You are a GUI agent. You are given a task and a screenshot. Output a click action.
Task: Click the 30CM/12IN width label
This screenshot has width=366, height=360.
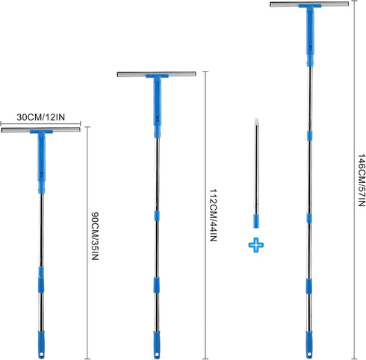41,117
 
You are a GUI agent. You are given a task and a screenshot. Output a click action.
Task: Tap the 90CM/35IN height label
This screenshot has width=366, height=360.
95,236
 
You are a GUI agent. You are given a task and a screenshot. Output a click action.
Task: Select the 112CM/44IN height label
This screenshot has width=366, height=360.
213,215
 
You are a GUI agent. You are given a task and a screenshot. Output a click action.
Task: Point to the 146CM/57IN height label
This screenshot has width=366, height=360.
362,180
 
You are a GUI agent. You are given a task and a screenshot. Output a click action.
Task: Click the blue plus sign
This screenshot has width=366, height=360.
256,245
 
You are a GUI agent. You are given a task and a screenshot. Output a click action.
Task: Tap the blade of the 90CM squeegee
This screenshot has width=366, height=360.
41,130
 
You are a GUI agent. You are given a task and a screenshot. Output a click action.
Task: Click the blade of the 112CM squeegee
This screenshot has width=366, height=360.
156,74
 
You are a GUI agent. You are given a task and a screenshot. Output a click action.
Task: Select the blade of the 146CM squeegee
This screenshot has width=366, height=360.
309,4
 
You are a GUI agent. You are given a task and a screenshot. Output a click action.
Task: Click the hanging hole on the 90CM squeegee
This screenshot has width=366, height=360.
42,354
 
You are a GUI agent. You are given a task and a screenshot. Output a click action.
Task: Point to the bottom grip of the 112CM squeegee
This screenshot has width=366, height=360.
157,345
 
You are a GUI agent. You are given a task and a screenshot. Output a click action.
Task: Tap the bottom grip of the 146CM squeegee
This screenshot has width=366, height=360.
309,344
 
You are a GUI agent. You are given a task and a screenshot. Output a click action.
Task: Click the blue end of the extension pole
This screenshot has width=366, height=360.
256,221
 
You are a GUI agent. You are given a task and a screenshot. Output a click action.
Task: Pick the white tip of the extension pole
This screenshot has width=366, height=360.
256,122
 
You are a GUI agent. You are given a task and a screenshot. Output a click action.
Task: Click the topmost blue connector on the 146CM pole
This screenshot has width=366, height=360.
309,136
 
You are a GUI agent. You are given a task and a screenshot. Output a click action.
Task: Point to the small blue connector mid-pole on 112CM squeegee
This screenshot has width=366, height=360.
157,216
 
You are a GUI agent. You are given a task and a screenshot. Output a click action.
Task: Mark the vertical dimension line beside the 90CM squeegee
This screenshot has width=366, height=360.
87,243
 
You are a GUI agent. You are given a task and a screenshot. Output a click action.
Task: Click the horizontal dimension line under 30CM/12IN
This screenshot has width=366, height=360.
40,123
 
